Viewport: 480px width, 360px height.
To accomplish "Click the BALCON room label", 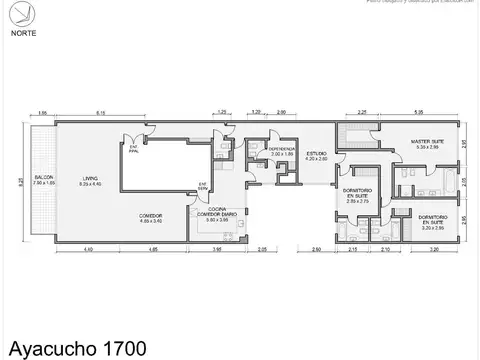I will click(x=43, y=181).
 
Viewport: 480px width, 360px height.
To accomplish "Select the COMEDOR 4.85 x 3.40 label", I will click(x=151, y=216).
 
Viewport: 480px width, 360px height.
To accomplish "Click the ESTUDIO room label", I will click(x=316, y=156).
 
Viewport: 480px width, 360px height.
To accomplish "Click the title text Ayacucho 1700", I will click(x=76, y=348).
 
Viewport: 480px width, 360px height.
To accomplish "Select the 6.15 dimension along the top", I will click(x=101, y=112).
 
